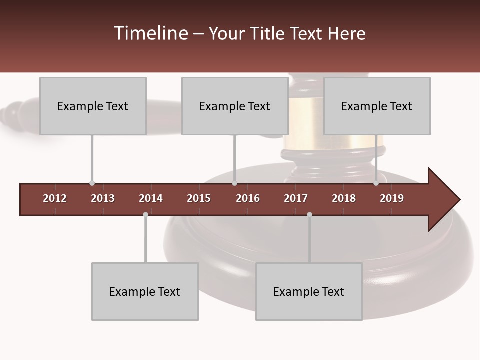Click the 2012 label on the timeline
point(55,198)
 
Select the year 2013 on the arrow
point(103,198)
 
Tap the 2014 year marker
point(151,198)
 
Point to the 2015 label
point(199,198)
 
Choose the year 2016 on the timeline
point(248,198)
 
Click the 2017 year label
point(296,198)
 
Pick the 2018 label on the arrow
point(344,198)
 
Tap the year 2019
point(392,198)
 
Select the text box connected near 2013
point(93,106)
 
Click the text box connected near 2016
point(235,106)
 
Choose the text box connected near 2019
point(377,106)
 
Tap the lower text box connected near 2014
point(145,291)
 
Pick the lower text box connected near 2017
point(309,291)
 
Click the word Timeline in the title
point(150,33)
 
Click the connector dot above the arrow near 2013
point(92,183)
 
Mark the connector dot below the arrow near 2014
point(145,214)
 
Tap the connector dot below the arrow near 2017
point(309,214)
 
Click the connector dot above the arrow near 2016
point(234,183)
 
